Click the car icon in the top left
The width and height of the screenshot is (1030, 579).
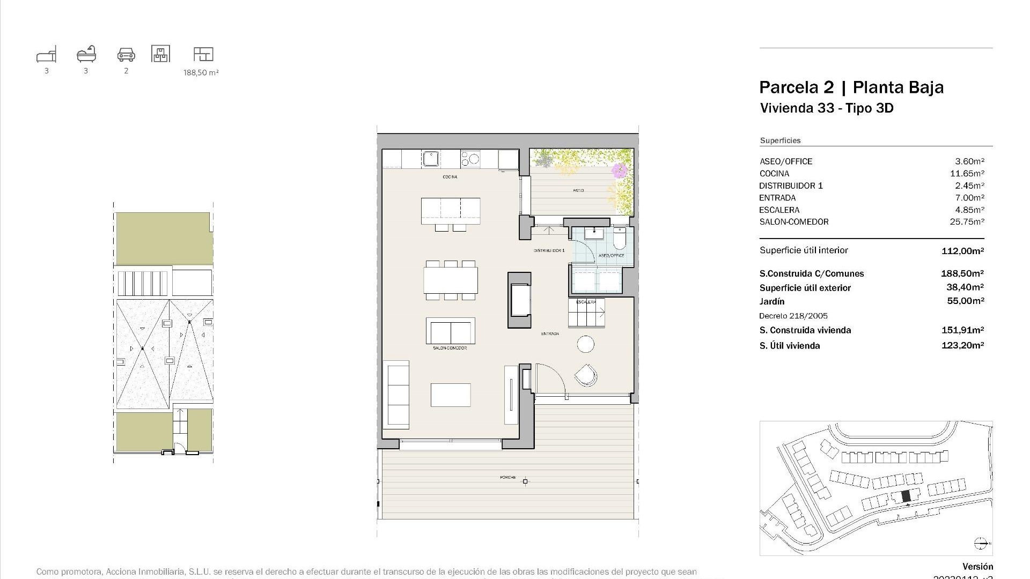[x=126, y=54]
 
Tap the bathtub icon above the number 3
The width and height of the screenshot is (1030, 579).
[x=86, y=54]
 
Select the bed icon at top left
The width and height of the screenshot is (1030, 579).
[x=46, y=55]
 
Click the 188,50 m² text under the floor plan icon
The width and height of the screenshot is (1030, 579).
[x=201, y=72]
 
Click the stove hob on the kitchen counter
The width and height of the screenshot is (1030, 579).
[x=470, y=159]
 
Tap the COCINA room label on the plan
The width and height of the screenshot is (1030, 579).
[x=450, y=177]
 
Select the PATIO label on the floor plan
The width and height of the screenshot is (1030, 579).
[x=578, y=190]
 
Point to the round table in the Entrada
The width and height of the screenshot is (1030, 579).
[x=586, y=344]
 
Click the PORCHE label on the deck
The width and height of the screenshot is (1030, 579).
[x=507, y=477]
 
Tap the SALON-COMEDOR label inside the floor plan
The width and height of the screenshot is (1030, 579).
[x=450, y=348]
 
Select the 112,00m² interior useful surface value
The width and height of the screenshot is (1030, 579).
[x=962, y=251]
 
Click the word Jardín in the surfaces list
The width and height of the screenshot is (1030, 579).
[x=772, y=301]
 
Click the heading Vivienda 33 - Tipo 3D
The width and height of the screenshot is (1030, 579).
[x=827, y=108]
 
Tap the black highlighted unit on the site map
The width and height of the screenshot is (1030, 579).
[x=906, y=496]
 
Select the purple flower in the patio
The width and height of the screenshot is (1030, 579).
[x=619, y=170]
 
